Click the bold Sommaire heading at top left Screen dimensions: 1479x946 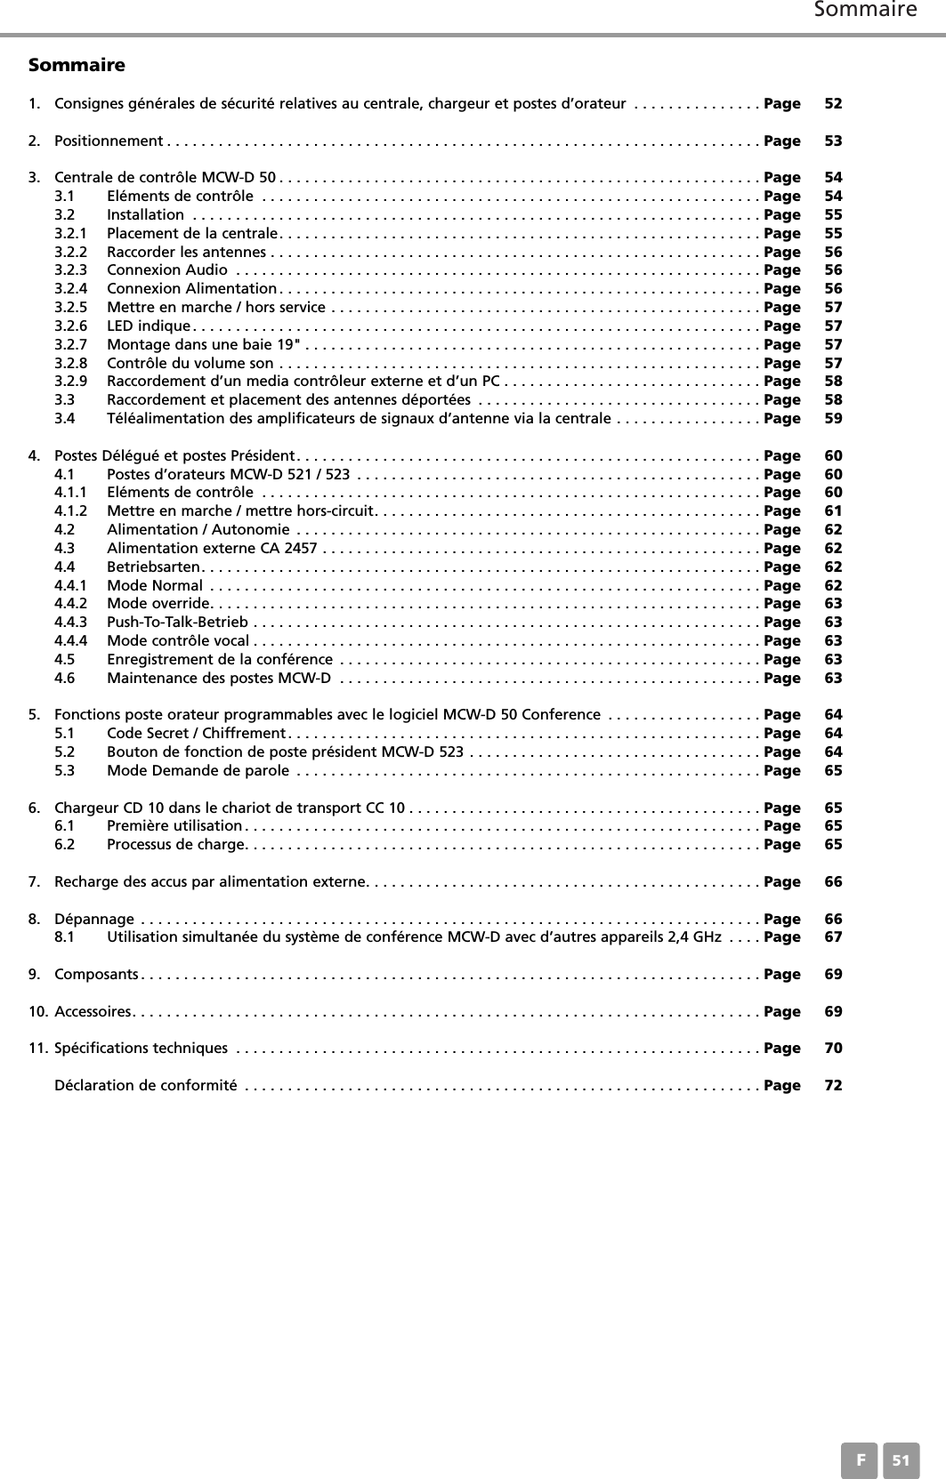pyautogui.click(x=77, y=65)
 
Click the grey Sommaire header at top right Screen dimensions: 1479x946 pyautogui.click(x=865, y=11)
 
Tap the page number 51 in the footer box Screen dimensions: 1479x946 pyautogui.click(x=902, y=1460)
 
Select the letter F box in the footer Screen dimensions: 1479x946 pyautogui.click(x=860, y=1460)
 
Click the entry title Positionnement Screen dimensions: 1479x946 pyautogui.click(x=108, y=141)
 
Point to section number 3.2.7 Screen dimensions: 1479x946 pyautogui.click(x=71, y=344)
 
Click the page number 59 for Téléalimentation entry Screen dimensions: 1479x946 pyautogui.click(x=833, y=418)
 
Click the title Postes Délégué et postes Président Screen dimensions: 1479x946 pyautogui.click(x=174, y=455)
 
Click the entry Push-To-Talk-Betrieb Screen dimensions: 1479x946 pyautogui.click(x=177, y=622)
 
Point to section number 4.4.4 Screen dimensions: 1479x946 pyautogui.click(x=71, y=640)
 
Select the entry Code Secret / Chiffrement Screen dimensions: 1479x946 pyautogui.click(x=195, y=733)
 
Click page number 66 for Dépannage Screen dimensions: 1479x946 pyautogui.click(x=833, y=919)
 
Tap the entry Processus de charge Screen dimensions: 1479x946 pyautogui.click(x=174, y=844)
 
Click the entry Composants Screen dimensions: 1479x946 pyautogui.click(x=96, y=974)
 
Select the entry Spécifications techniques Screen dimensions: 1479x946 pyautogui.click(x=141, y=1048)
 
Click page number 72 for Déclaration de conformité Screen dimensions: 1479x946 pyautogui.click(x=833, y=1085)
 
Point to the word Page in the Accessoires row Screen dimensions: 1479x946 pyautogui.click(x=782, y=1011)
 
